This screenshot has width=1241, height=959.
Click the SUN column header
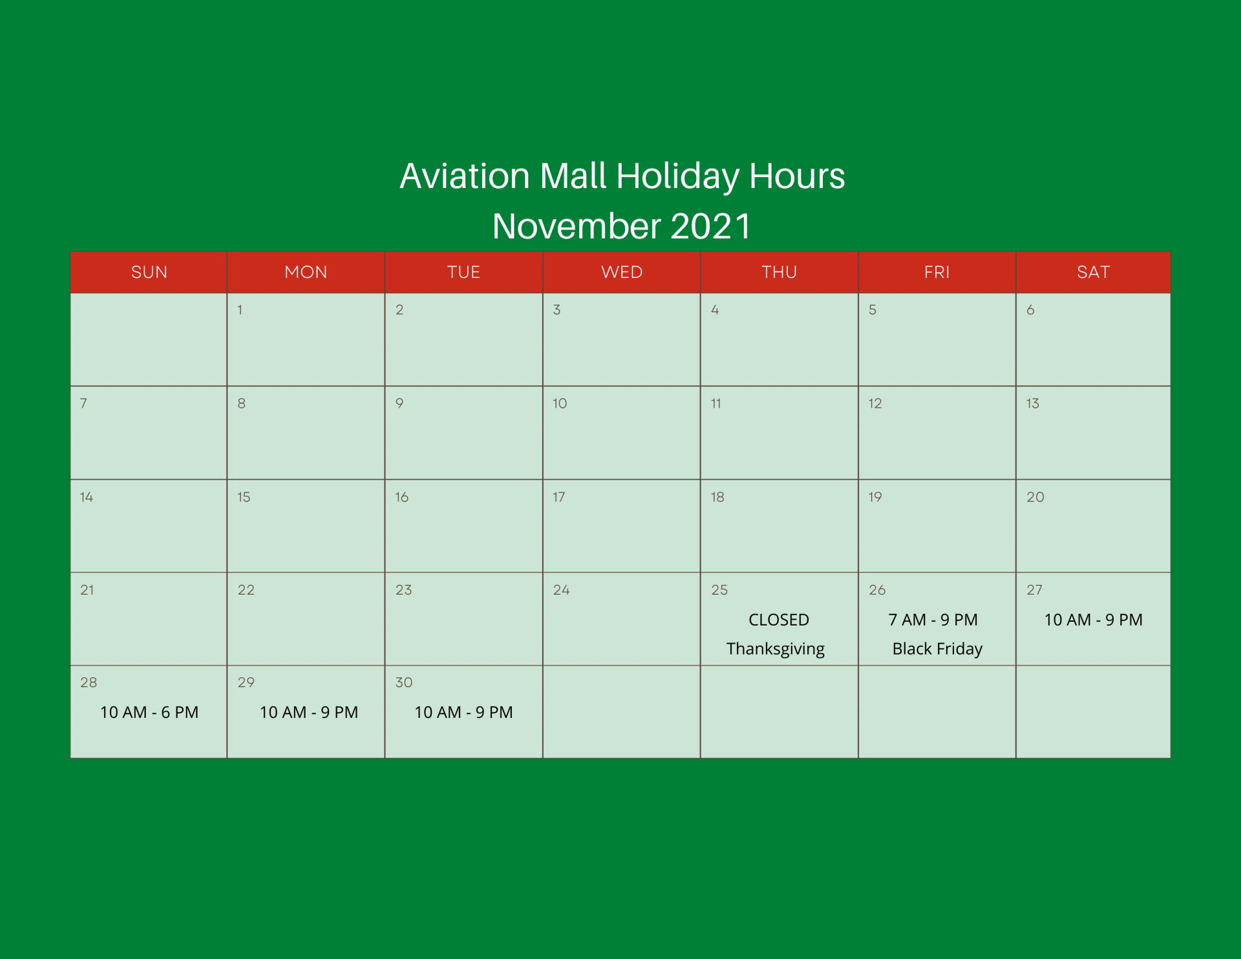pos(149,272)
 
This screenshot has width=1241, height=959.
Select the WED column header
pos(622,272)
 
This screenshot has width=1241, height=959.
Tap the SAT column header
pos(1093,272)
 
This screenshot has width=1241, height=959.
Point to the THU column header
pos(779,272)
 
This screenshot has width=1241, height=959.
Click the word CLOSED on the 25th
pos(779,620)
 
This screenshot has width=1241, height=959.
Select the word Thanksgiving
pos(776,649)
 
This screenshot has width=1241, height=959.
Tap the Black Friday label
pos(937,649)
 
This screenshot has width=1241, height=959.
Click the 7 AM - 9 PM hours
pos(933,620)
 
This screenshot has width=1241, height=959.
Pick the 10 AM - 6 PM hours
pos(149,712)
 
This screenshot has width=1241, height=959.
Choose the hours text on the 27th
pos(1094,620)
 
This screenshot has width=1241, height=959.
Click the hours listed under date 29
pos(309,712)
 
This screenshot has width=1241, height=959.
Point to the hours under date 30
pos(463,712)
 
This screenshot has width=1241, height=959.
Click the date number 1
pos(240,310)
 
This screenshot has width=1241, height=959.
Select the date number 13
pos(1033,404)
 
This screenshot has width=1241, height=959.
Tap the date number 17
pos(559,497)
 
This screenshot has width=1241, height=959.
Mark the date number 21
pos(87,590)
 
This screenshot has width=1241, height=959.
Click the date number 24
pos(561,590)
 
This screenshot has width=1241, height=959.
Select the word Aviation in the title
pos(465,176)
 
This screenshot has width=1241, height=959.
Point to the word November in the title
pos(577,226)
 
